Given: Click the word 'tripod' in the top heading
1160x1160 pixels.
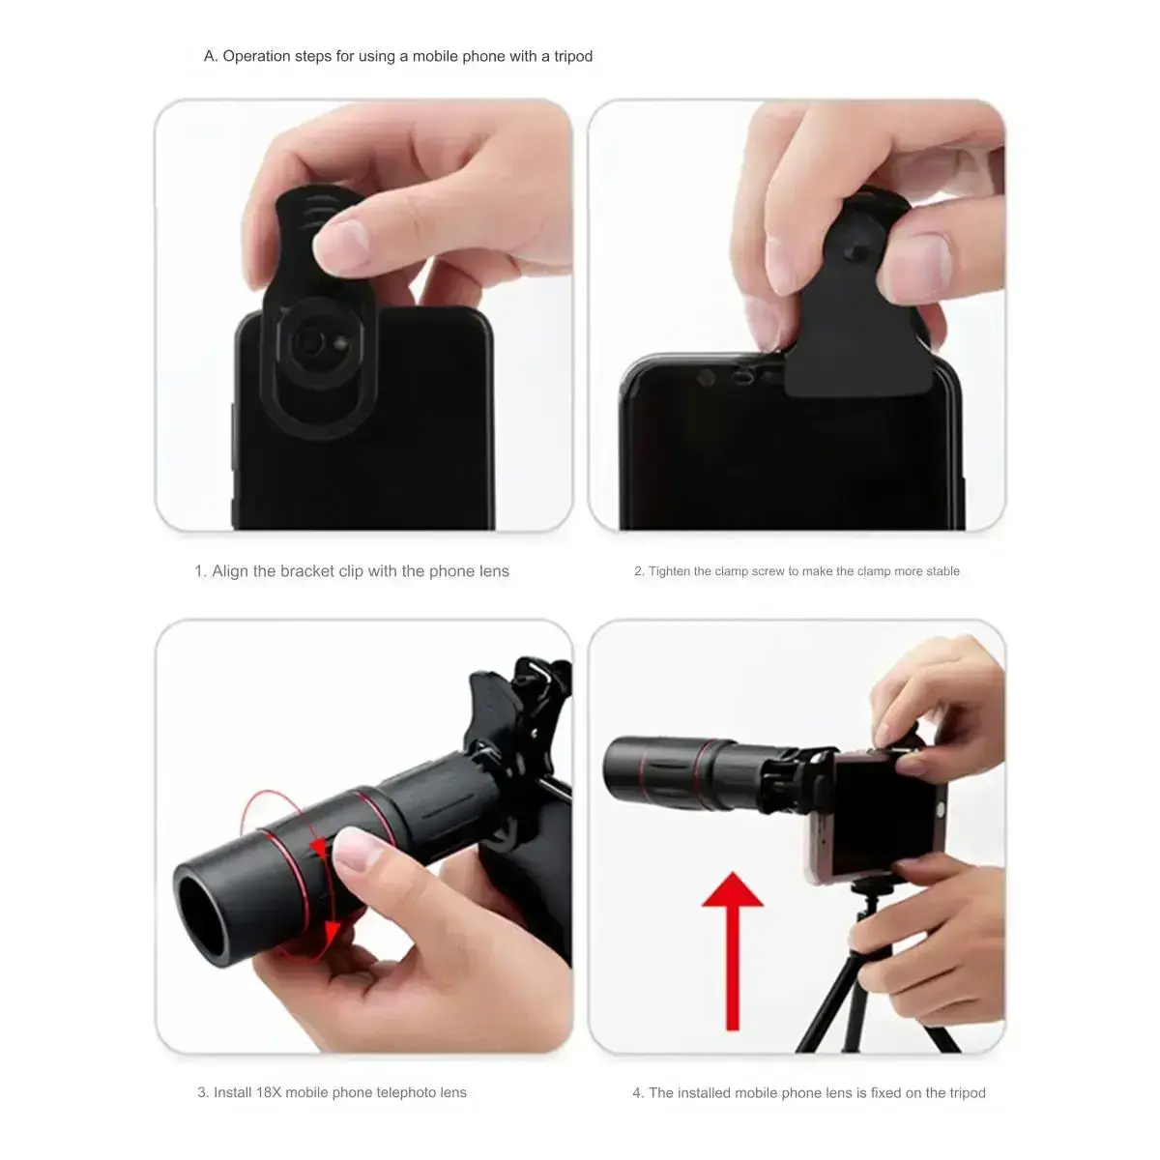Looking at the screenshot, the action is point(573,57).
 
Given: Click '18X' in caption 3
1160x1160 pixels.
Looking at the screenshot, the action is point(269,1092).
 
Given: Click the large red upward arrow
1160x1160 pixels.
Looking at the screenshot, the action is point(733,952).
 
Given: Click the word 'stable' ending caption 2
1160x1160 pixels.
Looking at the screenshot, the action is point(942,571).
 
